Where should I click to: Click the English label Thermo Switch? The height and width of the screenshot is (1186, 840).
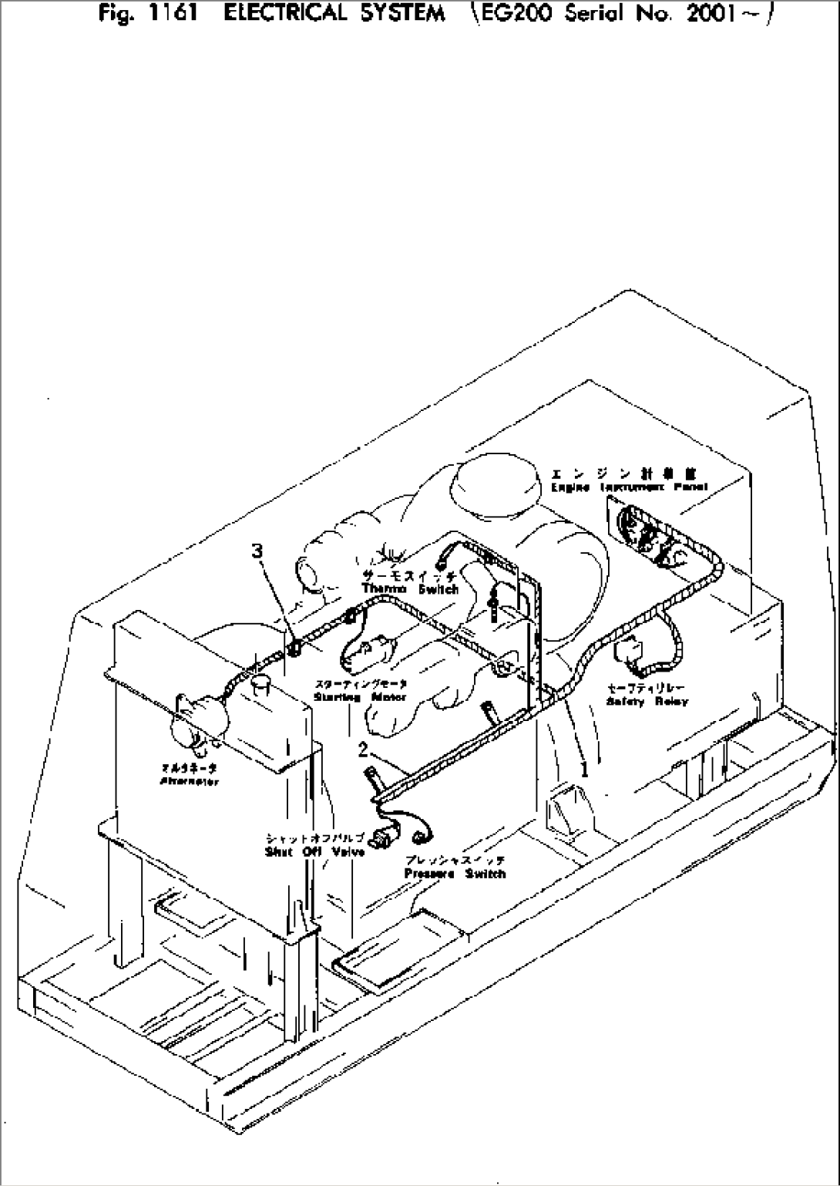[x=410, y=589]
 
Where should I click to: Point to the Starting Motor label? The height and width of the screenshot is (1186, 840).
[x=360, y=696]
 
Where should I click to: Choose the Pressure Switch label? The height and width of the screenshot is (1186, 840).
[x=455, y=873]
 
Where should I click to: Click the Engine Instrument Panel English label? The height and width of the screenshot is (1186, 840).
[x=629, y=487]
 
